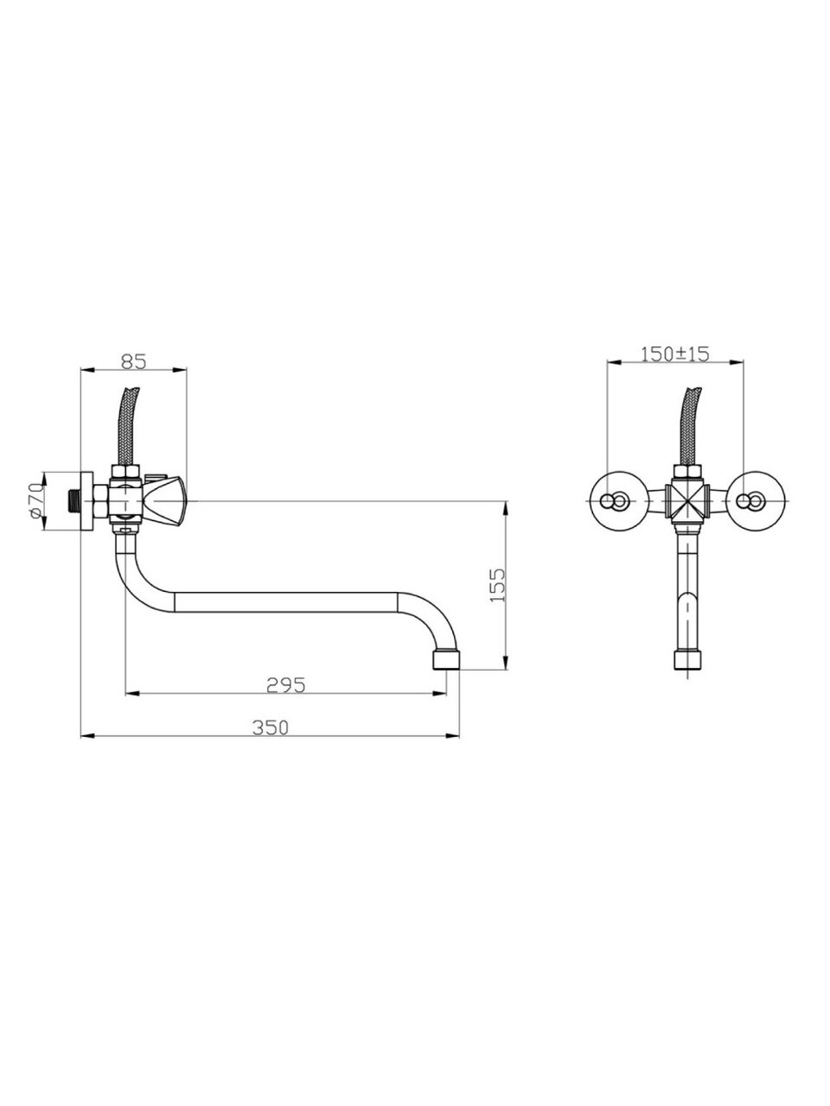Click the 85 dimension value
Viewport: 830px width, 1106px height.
[x=133, y=361]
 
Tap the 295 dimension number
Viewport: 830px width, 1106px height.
[x=285, y=684]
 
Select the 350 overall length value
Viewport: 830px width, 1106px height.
[x=270, y=728]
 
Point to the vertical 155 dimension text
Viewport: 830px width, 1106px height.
[x=497, y=585]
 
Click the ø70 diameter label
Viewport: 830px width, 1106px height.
[x=35, y=499]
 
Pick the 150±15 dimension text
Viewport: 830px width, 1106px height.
[x=674, y=354]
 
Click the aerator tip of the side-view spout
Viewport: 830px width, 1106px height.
[x=445, y=659]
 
